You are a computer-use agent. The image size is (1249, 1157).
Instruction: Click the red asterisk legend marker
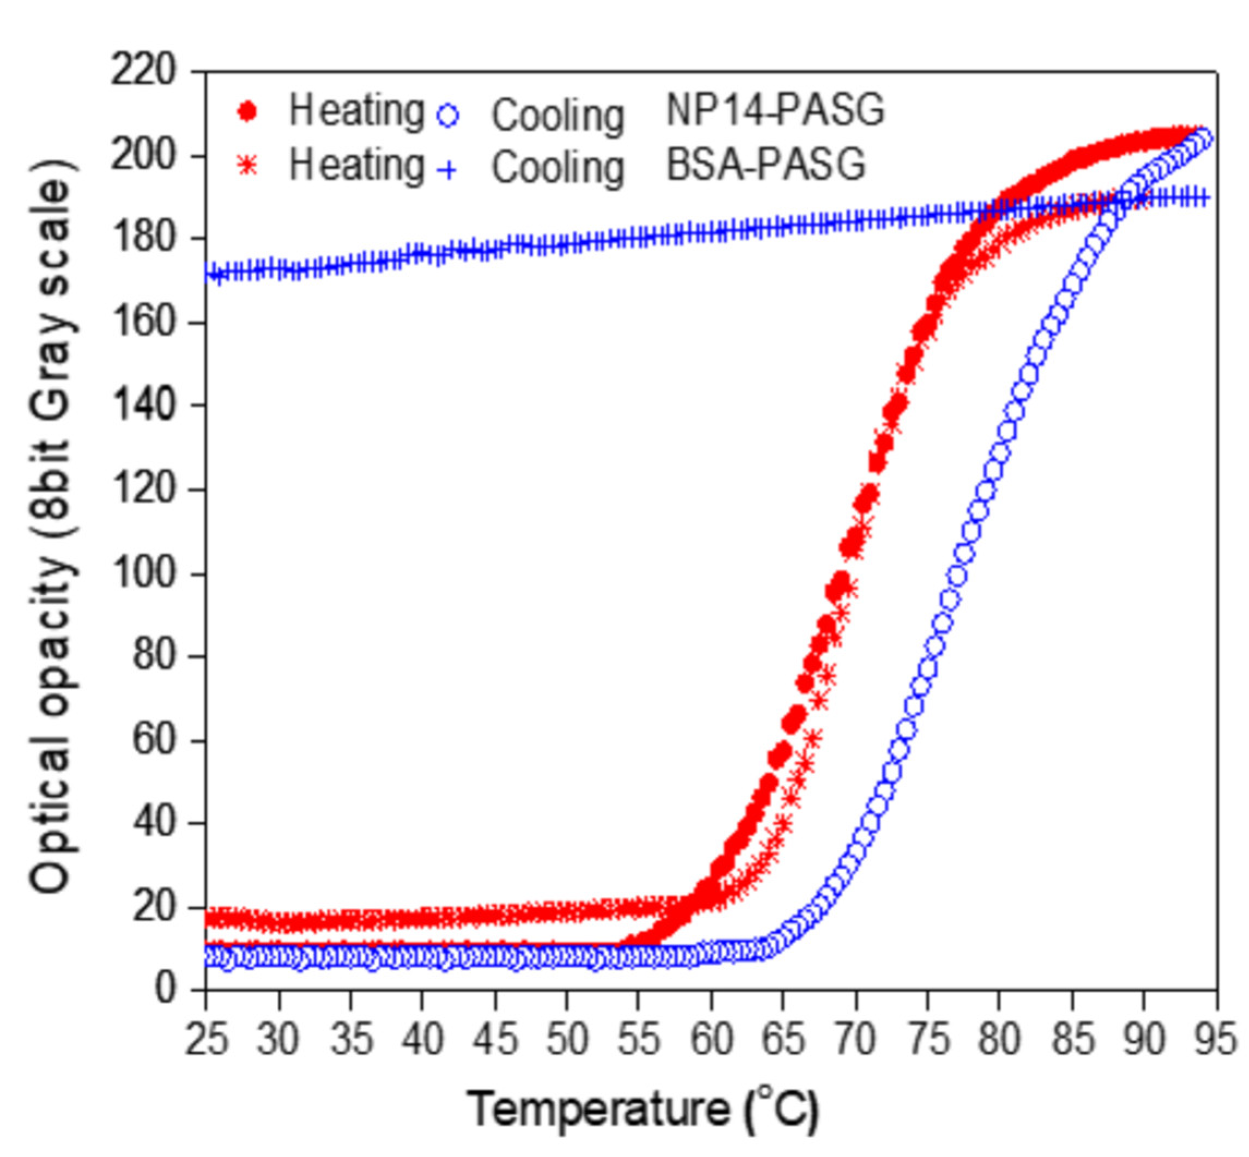pos(248,166)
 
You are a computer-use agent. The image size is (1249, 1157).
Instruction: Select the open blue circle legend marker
pos(448,116)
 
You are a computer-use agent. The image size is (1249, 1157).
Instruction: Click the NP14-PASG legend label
pos(775,111)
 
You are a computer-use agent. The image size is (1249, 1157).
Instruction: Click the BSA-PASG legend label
pos(766,165)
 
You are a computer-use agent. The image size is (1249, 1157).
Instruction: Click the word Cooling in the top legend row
pos(557,116)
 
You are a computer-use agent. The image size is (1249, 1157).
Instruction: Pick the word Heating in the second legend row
pos(356,165)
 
